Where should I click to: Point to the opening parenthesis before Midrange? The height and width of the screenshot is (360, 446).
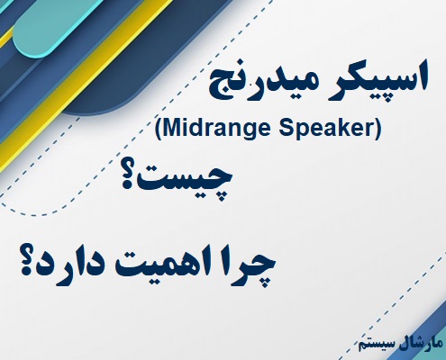(159, 130)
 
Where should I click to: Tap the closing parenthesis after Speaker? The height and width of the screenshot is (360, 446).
(378, 130)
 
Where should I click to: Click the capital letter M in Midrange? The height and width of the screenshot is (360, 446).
(173, 130)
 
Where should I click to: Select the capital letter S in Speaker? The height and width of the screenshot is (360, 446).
(280, 130)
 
